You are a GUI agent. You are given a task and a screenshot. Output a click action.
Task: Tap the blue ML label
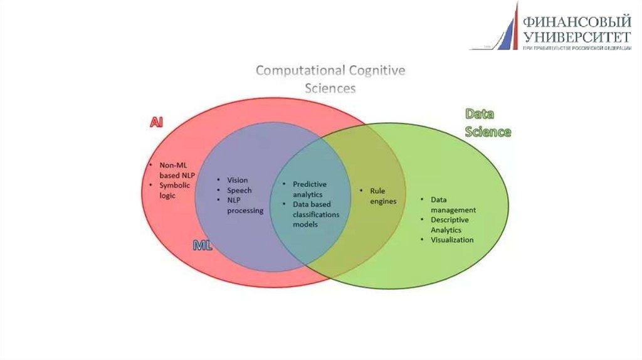[203, 245]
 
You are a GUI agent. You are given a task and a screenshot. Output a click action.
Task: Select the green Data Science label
[488, 123]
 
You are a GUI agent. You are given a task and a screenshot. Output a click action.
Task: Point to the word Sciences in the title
[330, 88]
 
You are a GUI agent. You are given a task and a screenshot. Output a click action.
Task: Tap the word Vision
[237, 179]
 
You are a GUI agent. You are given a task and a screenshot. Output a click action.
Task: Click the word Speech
[239, 190]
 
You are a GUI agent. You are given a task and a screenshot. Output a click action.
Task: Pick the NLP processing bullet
[245, 205]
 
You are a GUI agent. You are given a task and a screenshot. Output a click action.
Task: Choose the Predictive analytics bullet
[309, 189]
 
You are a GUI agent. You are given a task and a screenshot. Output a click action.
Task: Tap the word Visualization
[452, 240]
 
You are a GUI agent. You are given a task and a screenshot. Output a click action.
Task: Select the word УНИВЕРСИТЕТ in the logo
[576, 37]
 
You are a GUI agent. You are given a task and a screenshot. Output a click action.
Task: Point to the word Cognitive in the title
[377, 70]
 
